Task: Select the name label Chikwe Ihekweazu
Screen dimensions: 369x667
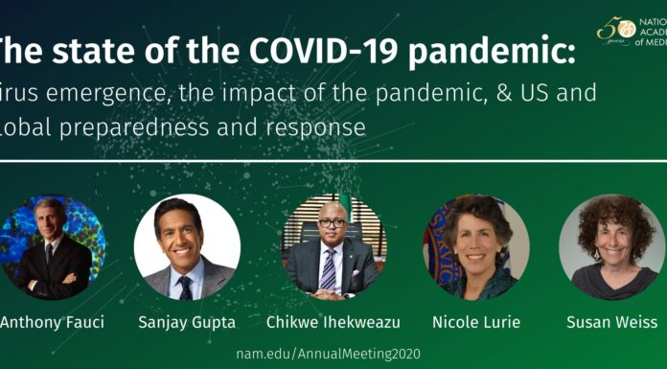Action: coord(332,321)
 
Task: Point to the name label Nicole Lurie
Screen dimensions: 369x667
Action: coord(477,321)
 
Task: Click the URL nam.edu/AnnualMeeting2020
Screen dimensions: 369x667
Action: coord(328,354)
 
